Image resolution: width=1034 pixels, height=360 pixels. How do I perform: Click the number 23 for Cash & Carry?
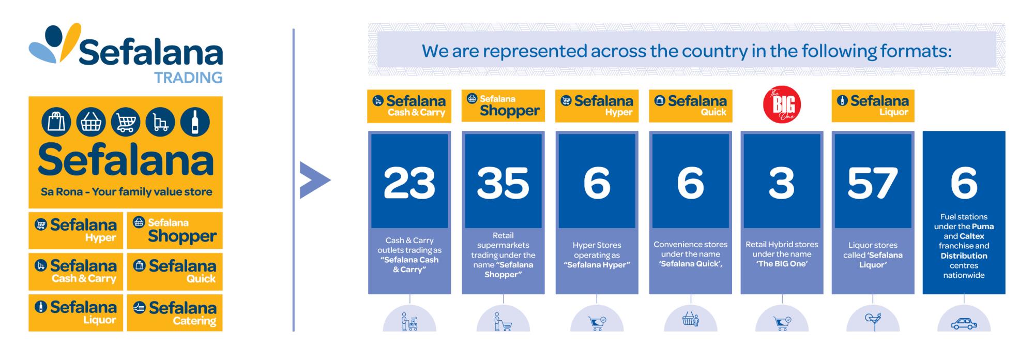409,183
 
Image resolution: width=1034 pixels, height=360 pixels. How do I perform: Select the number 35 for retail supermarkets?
503,183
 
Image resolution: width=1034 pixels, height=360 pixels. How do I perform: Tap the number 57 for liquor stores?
873,183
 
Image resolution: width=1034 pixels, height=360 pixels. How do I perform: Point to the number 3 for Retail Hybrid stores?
782,183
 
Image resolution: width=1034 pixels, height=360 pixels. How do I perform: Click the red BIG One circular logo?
782,104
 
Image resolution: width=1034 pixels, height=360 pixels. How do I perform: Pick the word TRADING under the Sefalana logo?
188,78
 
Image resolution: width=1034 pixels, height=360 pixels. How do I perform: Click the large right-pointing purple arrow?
314,180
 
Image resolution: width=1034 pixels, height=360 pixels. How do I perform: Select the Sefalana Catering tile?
175,313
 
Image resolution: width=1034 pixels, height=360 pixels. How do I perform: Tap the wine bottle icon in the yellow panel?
195,123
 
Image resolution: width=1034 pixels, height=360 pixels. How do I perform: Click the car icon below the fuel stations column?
964,324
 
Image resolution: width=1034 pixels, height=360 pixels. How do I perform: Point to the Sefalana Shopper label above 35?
503,106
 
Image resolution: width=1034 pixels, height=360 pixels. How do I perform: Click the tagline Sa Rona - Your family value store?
126,192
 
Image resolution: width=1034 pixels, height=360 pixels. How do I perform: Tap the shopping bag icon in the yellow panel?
56,123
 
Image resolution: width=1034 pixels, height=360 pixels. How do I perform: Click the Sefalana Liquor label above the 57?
873,106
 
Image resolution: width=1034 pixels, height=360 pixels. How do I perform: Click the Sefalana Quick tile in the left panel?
175,272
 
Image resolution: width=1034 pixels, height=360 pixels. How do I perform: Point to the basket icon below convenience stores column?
690,320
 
